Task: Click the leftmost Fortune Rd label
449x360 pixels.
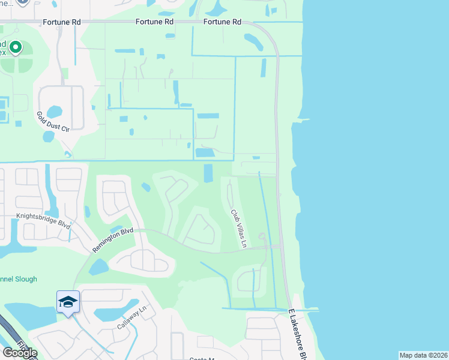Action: click(x=61, y=22)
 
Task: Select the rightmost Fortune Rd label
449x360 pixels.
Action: click(x=222, y=22)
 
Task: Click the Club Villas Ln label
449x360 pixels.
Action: click(x=239, y=228)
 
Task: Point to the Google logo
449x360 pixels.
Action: click(x=20, y=353)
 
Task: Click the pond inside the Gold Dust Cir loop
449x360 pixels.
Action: click(x=54, y=112)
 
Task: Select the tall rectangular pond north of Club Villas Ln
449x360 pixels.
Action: click(x=208, y=173)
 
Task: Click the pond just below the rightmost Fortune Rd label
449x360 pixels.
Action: click(x=253, y=41)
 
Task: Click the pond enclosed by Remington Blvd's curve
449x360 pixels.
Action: click(x=99, y=266)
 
